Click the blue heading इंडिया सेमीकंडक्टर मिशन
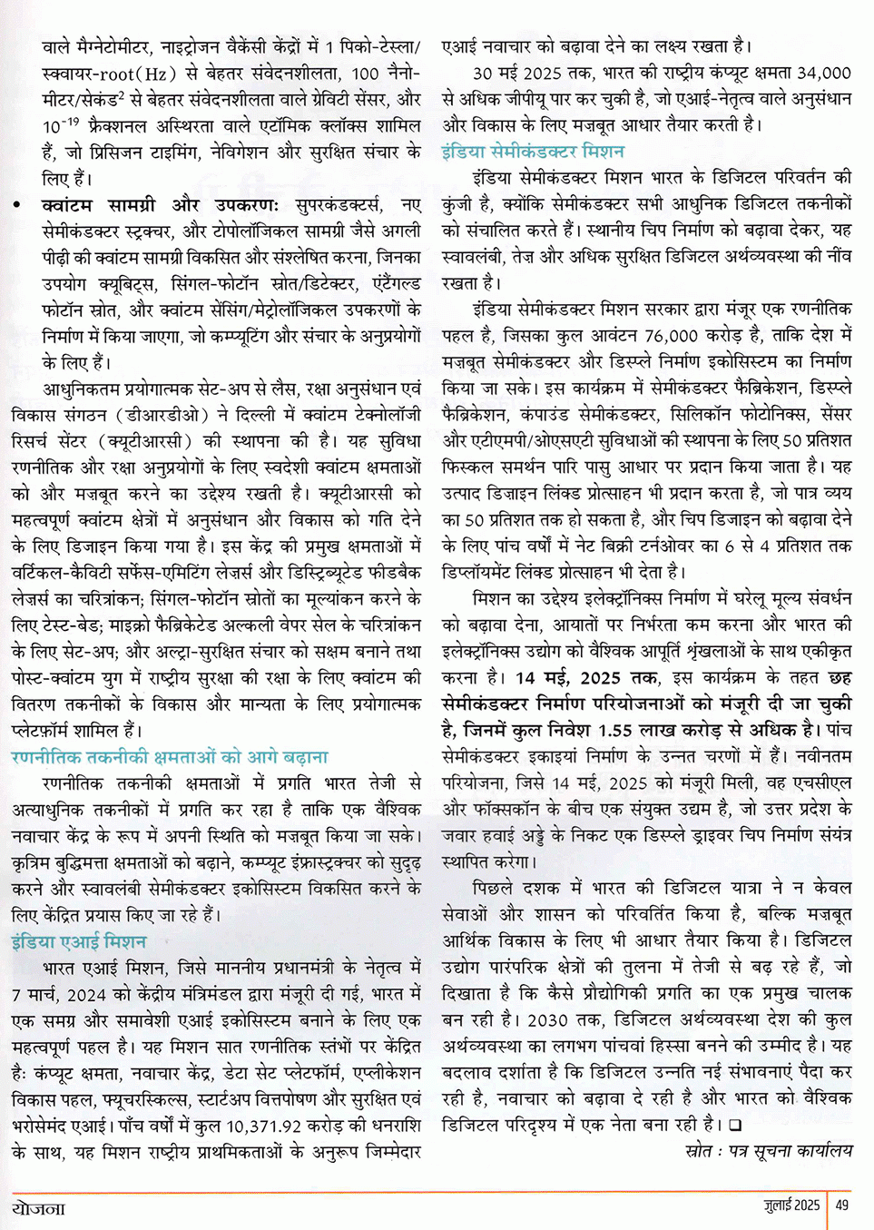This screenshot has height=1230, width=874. (x=533, y=151)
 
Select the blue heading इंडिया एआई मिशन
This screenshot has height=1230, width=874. (x=79, y=941)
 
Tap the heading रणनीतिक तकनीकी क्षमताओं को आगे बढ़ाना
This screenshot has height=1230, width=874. (x=170, y=757)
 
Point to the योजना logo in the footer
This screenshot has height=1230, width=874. (x=39, y=1208)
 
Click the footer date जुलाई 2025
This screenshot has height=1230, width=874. (x=791, y=1205)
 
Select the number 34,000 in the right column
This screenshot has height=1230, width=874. (x=822, y=73)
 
